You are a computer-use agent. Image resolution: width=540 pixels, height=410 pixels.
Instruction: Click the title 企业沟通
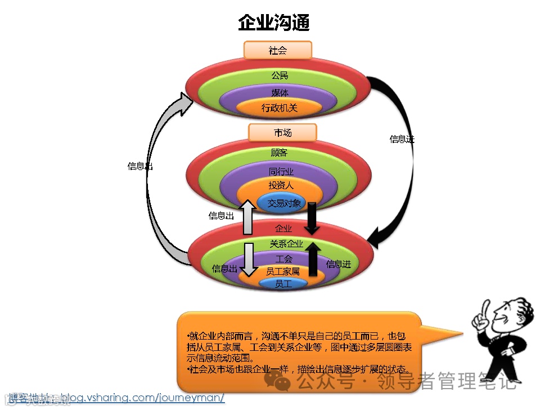(274, 23)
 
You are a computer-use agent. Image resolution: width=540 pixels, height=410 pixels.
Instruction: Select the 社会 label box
(278, 51)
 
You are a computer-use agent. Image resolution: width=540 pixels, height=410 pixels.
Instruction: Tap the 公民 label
(280, 75)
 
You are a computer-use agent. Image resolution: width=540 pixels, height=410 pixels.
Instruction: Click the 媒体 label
(280, 93)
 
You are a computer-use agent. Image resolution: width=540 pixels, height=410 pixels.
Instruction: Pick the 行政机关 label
(280, 108)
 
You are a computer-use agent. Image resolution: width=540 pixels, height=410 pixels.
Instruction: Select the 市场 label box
(282, 133)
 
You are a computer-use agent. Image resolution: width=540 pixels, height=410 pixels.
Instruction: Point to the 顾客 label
(279, 152)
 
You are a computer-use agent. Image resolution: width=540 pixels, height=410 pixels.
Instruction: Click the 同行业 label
(281, 171)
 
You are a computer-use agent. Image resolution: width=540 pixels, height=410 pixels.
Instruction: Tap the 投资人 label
(281, 185)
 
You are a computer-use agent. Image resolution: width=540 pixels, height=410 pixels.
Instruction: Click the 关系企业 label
(286, 244)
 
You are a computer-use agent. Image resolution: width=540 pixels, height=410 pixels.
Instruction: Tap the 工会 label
(284, 259)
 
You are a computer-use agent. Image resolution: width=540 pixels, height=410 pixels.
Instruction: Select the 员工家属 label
(283, 271)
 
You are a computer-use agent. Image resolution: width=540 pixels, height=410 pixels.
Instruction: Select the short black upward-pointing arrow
(313, 259)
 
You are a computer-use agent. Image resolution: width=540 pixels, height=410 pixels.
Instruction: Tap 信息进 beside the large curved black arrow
(402, 139)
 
